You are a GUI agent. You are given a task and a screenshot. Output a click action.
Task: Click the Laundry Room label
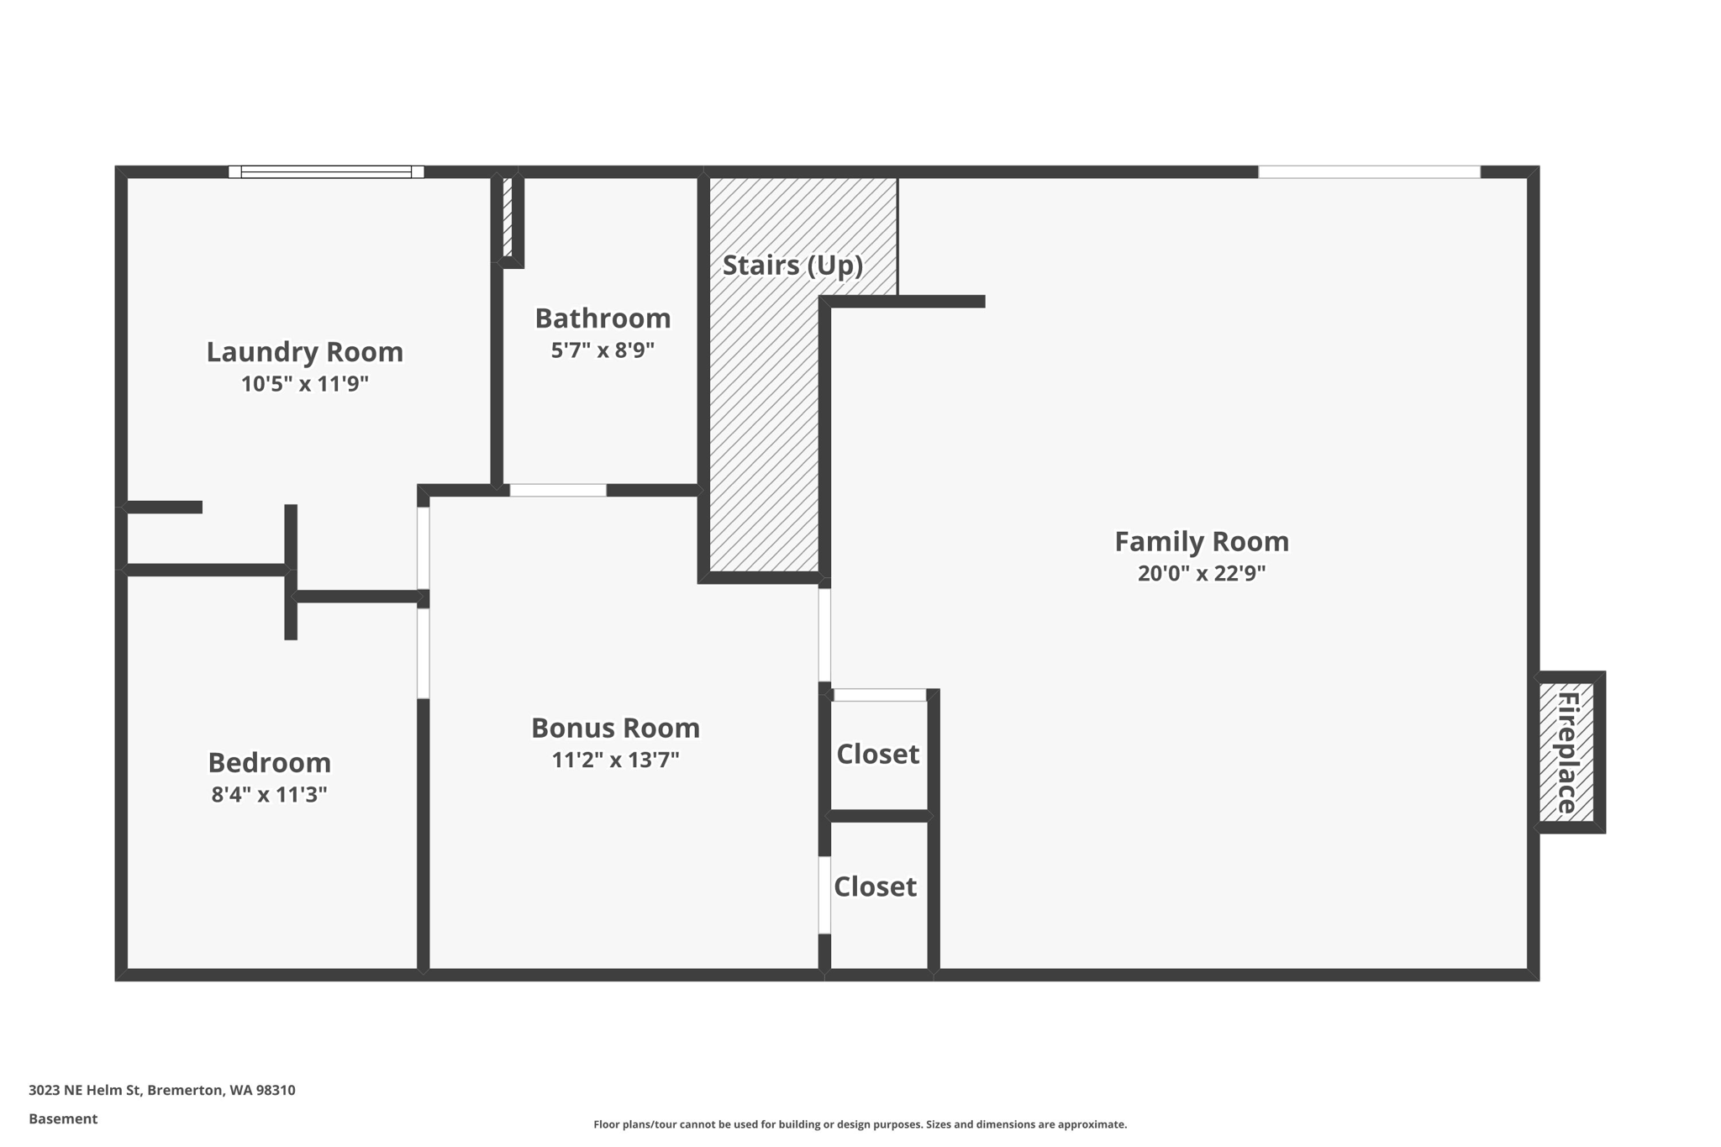[304, 351]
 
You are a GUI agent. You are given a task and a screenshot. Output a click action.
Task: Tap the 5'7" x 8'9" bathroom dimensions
[603, 350]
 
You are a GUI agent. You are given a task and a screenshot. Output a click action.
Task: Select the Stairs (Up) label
[792, 265]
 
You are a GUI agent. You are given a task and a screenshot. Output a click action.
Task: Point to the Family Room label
[1201, 541]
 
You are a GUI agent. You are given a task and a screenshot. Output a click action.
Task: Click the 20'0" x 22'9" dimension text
[1201, 573]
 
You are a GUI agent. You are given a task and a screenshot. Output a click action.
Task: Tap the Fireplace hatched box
[1566, 752]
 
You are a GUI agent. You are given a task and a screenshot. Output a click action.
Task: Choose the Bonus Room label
[615, 728]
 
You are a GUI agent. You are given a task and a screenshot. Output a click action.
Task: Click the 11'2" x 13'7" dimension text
[615, 760]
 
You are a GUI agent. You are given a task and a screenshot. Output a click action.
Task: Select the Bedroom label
[269, 762]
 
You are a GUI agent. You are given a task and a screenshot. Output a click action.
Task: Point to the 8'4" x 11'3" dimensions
[269, 794]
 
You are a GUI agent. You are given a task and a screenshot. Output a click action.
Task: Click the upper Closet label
[877, 754]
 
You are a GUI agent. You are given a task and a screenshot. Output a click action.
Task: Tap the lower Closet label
[875, 887]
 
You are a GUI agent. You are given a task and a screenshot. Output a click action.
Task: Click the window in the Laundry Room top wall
[326, 171]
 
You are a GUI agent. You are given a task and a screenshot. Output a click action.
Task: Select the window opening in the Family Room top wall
[1369, 171]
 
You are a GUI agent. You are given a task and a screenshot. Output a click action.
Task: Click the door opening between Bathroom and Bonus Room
[558, 490]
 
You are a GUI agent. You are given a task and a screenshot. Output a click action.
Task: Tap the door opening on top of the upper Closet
[880, 695]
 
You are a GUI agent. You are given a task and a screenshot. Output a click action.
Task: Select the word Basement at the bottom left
[63, 1118]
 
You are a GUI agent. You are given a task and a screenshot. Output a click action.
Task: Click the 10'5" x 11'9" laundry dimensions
[304, 384]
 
